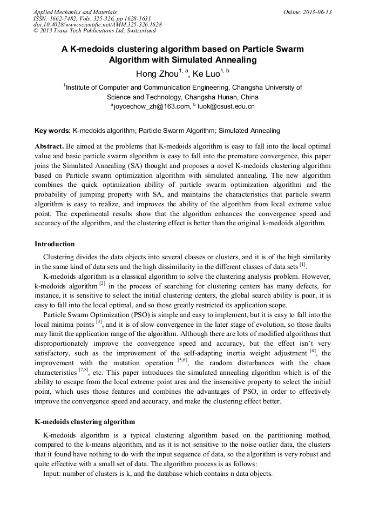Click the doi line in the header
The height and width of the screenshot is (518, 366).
[x=97, y=25]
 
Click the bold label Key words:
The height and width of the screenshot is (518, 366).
[x=52, y=131]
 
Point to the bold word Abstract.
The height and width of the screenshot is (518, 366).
[x=49, y=146]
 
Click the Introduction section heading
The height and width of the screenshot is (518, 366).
[x=55, y=244]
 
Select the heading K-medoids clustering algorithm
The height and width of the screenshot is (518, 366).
[x=85, y=421]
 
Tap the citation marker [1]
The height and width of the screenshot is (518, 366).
[x=303, y=265]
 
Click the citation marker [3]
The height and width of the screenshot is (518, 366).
[x=99, y=322]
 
